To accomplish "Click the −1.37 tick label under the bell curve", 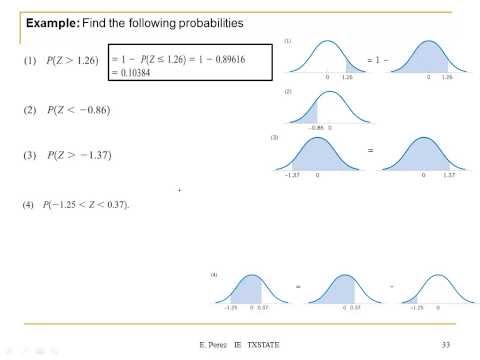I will (294, 174).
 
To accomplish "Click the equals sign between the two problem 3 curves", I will (368, 152).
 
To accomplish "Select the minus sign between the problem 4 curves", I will (393, 287).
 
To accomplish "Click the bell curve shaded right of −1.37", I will (320, 155).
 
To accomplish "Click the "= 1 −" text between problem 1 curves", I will (377, 61).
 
